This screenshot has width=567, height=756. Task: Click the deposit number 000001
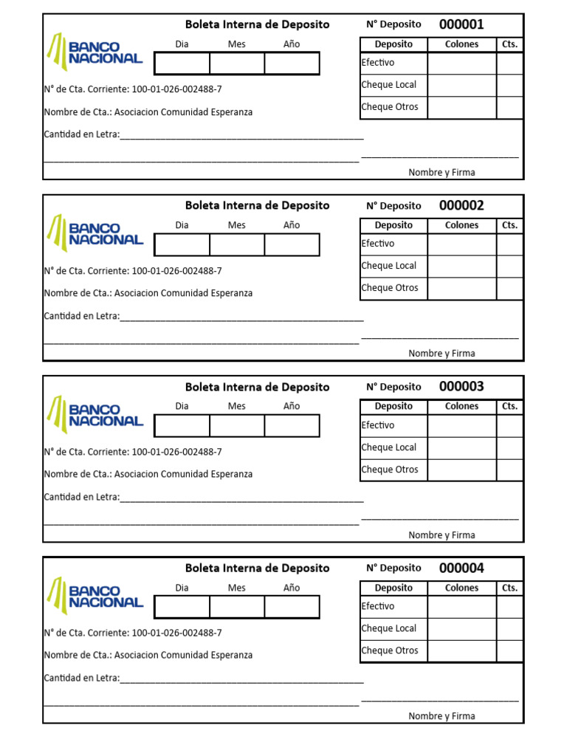point(461,24)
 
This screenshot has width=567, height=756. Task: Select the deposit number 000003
point(461,387)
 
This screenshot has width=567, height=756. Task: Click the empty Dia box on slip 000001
point(182,63)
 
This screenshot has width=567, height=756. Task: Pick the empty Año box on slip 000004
point(292,607)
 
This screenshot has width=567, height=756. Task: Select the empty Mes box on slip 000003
point(237,426)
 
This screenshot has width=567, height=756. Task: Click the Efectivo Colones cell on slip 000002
point(461,244)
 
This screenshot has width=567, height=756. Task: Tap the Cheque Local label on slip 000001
point(389,85)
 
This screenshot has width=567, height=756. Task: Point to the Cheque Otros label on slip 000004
point(390,650)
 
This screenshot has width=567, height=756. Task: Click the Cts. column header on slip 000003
point(509,406)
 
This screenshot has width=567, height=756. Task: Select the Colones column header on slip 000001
point(461,44)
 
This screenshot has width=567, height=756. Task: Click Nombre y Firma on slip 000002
point(441,354)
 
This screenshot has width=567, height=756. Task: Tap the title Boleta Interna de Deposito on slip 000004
point(257,568)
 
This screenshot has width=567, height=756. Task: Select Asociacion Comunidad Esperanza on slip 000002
point(183,293)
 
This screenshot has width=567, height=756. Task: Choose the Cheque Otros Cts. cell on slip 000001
point(509,108)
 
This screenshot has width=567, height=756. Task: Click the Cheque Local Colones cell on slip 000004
point(461,629)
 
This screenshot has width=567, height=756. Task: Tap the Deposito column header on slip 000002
point(394,225)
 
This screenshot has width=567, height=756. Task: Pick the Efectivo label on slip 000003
point(378,425)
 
